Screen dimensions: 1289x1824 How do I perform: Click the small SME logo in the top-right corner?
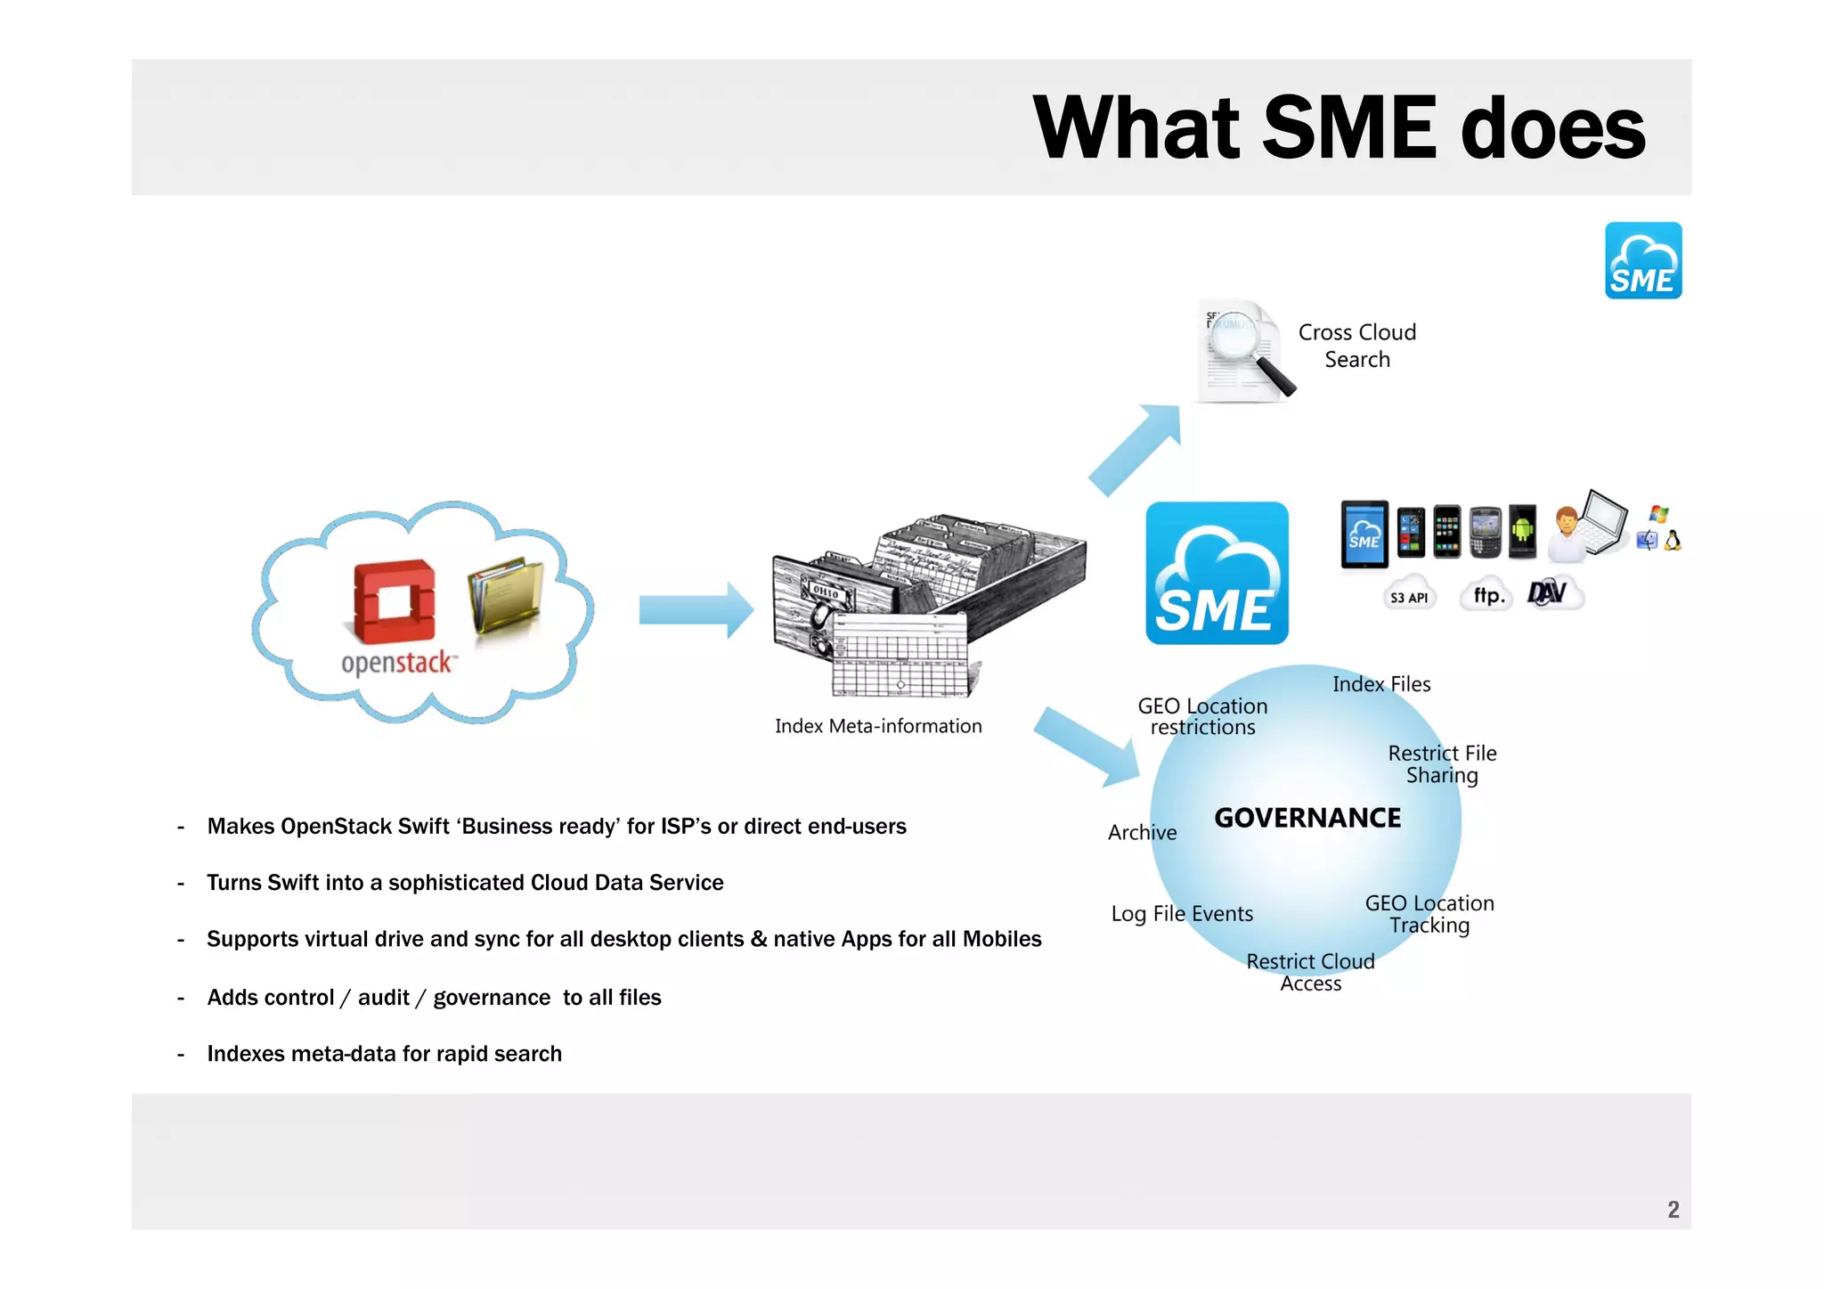[1642, 260]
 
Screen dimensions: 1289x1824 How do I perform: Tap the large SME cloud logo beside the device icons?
[1217, 573]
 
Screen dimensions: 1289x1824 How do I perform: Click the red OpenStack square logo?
[395, 601]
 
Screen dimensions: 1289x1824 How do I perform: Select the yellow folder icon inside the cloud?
[505, 594]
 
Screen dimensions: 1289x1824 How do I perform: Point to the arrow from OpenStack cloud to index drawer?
[696, 610]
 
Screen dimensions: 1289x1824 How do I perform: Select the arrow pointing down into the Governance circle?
[1088, 746]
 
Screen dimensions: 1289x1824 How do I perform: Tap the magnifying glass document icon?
[1244, 351]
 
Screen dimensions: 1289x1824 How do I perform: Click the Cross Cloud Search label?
[1356, 346]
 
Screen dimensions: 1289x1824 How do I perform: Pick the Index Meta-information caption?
[878, 726]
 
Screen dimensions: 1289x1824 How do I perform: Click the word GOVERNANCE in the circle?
[1307, 818]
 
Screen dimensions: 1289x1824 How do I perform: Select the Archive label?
[1142, 832]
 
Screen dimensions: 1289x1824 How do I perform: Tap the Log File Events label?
[1182, 914]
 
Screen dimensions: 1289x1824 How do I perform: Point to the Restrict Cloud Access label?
[1310, 972]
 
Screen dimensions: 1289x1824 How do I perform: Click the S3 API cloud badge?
[1409, 597]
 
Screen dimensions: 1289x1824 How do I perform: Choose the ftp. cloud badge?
[1487, 595]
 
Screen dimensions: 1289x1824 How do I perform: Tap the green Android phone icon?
[1522, 531]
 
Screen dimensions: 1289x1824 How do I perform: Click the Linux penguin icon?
[1673, 541]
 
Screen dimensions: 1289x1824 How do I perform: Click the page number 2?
[1673, 1209]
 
